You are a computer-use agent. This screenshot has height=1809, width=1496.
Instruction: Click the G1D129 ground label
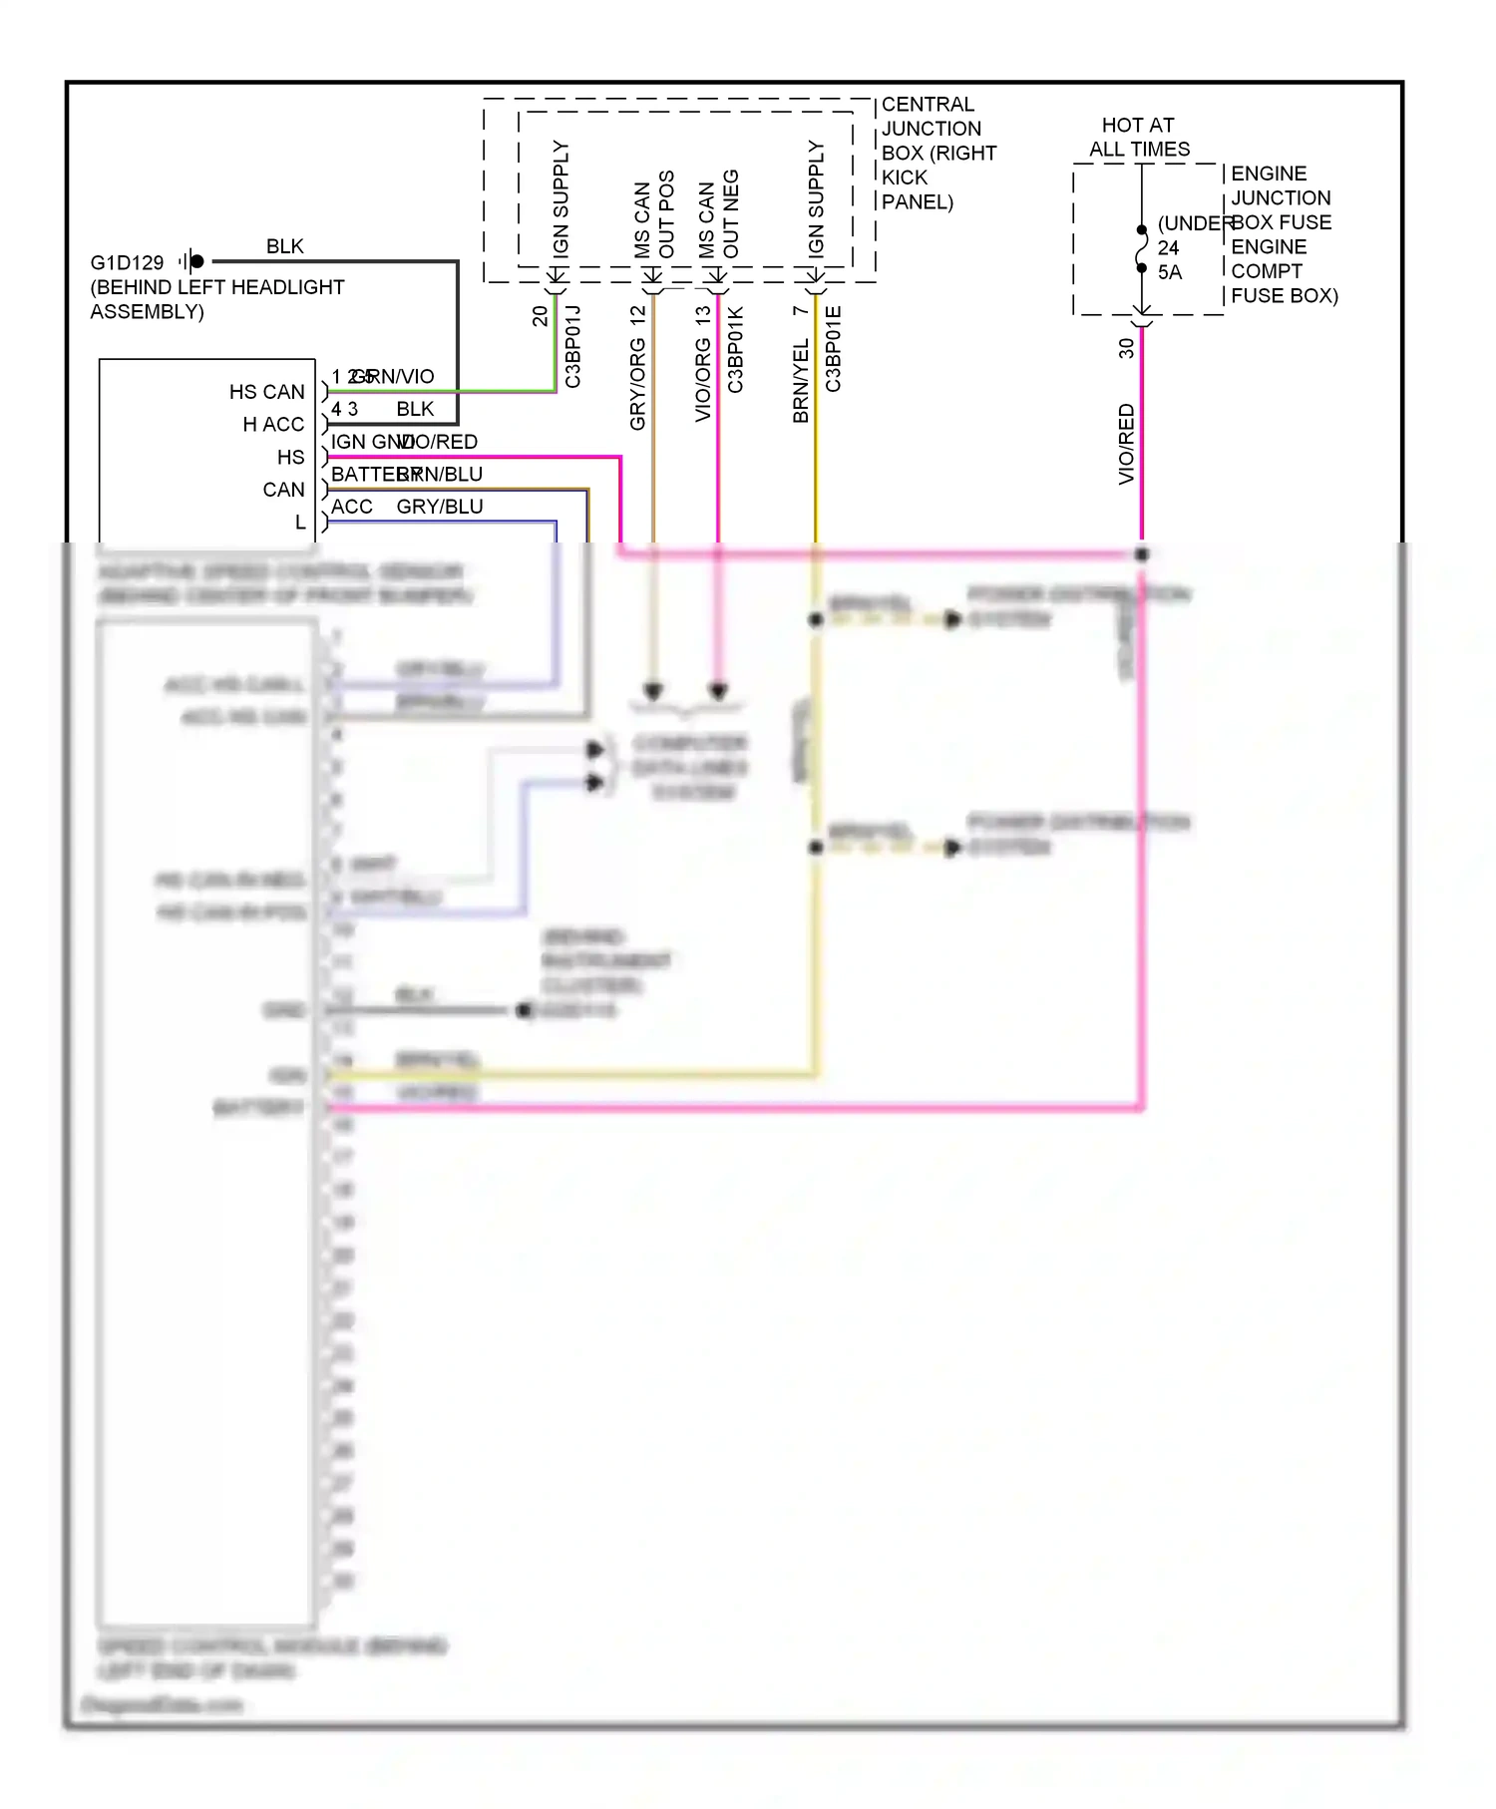(x=127, y=262)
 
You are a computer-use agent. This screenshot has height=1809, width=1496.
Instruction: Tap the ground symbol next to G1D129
(x=191, y=261)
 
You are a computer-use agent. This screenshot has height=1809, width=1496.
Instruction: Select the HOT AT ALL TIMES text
(x=1138, y=138)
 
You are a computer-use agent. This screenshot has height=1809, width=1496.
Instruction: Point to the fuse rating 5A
(x=1170, y=272)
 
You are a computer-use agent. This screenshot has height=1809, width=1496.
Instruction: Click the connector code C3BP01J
(x=572, y=347)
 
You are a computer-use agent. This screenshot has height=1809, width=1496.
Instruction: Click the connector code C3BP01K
(x=735, y=349)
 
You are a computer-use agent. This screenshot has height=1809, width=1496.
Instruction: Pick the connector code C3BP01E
(x=834, y=349)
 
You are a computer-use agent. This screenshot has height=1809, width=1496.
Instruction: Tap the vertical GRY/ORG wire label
(x=638, y=384)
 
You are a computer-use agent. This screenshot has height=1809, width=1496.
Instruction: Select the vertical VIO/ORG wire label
(x=703, y=379)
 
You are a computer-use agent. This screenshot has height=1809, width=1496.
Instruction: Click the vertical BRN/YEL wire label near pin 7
(x=801, y=381)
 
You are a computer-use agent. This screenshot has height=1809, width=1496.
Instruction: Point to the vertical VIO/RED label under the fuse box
(x=1126, y=444)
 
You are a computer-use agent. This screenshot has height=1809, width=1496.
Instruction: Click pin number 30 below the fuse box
(x=1126, y=348)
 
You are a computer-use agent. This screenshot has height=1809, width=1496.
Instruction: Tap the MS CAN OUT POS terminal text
(x=654, y=215)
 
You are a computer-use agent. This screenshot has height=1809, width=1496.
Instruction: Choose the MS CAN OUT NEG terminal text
(x=718, y=215)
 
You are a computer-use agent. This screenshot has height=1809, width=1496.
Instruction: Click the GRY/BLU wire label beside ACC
(x=440, y=507)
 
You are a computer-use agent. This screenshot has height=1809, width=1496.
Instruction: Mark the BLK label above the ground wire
(x=284, y=246)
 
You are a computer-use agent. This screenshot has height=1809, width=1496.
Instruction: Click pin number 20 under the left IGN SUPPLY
(x=540, y=316)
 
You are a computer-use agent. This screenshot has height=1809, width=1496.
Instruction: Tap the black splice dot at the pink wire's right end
(x=1142, y=553)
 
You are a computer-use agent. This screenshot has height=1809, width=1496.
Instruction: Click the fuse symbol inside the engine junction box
(x=1142, y=249)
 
